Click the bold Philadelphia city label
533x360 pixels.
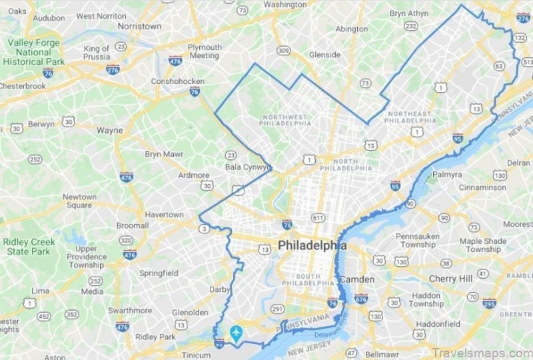pos(312,245)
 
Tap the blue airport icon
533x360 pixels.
pos(236,332)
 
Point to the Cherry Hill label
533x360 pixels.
pos(451,278)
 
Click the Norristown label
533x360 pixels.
pos(139,26)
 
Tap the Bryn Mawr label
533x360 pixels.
pos(163,154)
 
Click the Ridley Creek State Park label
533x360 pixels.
pos(27,246)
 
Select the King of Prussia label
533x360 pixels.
pos(97,53)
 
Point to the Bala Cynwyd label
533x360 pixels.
pos(247,167)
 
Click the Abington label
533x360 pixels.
pos(352,29)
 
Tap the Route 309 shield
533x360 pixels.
pos(284,50)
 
